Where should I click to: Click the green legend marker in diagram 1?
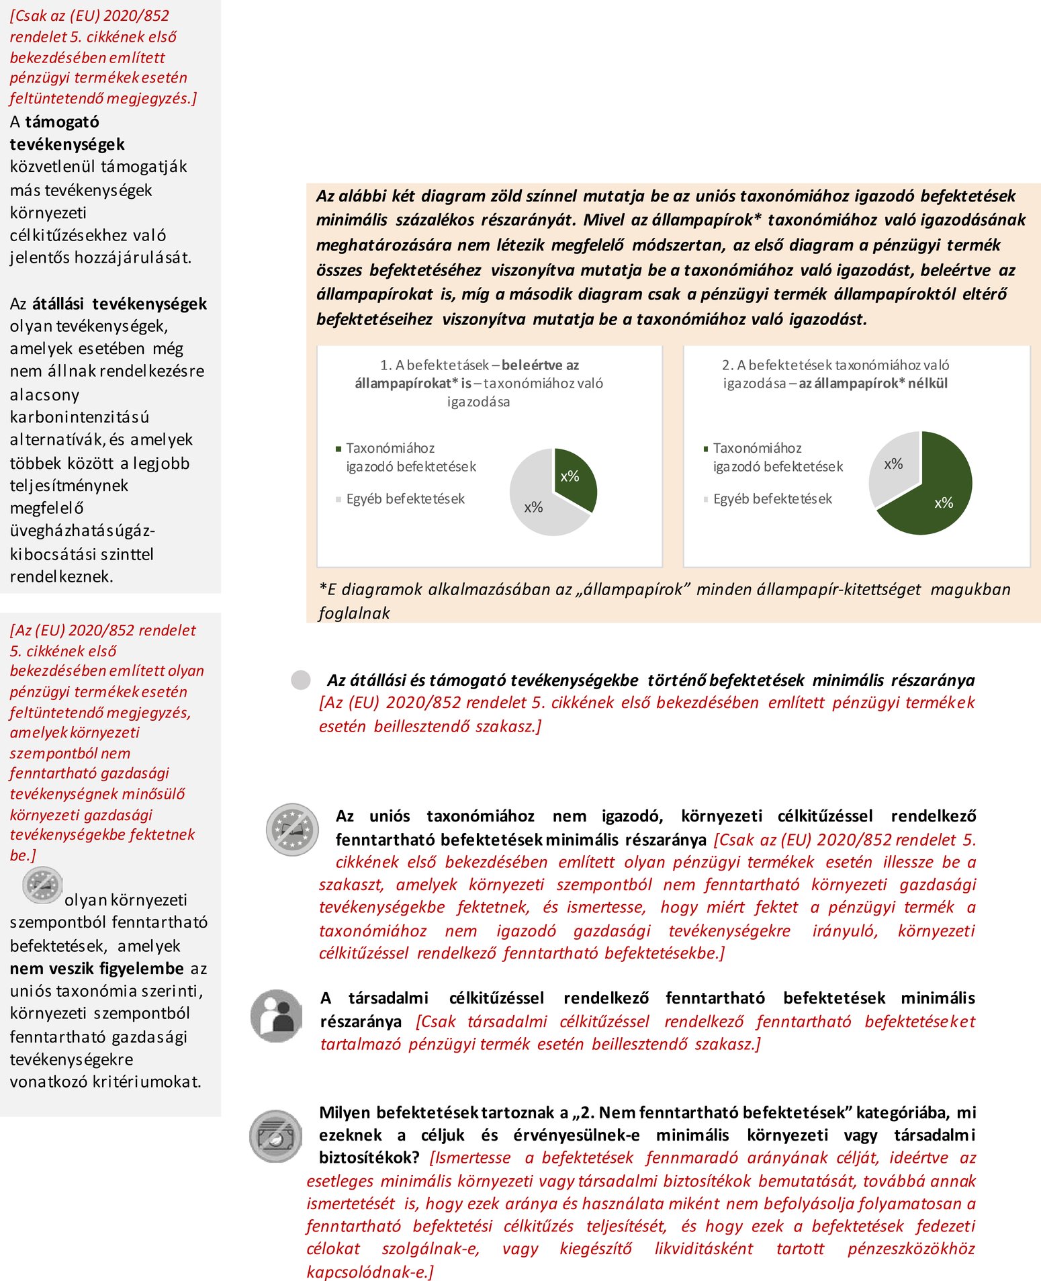(338, 449)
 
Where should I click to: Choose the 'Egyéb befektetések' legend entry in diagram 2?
(772, 499)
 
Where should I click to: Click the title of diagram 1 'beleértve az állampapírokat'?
(478, 383)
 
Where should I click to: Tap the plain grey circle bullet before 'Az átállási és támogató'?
(300, 680)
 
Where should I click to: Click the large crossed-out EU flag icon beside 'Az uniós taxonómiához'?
(292, 829)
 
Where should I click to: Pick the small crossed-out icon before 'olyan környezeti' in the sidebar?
(42, 885)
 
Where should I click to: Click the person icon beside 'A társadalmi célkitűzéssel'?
(276, 1014)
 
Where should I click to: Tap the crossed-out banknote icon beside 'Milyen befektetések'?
(275, 1136)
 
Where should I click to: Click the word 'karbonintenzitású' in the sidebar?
(79, 417)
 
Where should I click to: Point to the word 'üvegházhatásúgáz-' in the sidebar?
(82, 531)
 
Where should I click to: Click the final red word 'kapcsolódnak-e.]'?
(370, 1272)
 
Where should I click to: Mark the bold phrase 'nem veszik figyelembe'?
(97, 969)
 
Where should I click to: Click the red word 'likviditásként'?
(703, 1249)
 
